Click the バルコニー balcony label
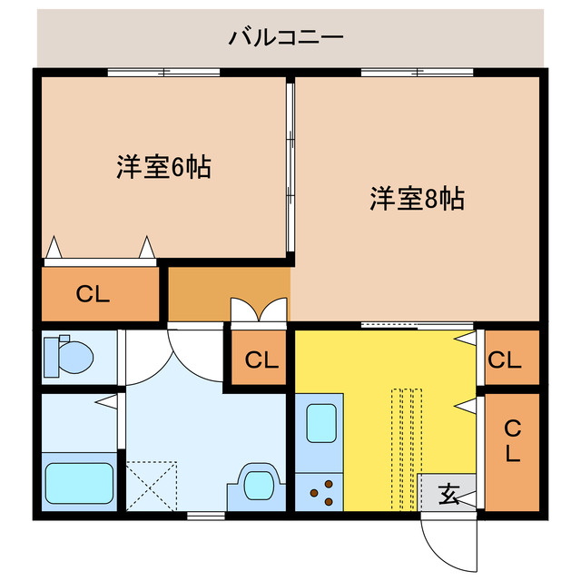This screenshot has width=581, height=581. click(285, 37)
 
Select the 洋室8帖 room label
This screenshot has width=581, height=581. click(418, 198)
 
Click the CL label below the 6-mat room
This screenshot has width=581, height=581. click(93, 294)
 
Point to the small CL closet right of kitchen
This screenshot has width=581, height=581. click(505, 360)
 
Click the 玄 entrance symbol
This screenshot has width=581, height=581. click(448, 495)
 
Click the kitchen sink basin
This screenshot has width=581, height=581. click(320, 424)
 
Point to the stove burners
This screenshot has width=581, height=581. click(319, 496)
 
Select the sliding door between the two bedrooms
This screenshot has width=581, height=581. click(290, 169)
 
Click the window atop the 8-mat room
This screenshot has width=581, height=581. click(418, 72)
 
